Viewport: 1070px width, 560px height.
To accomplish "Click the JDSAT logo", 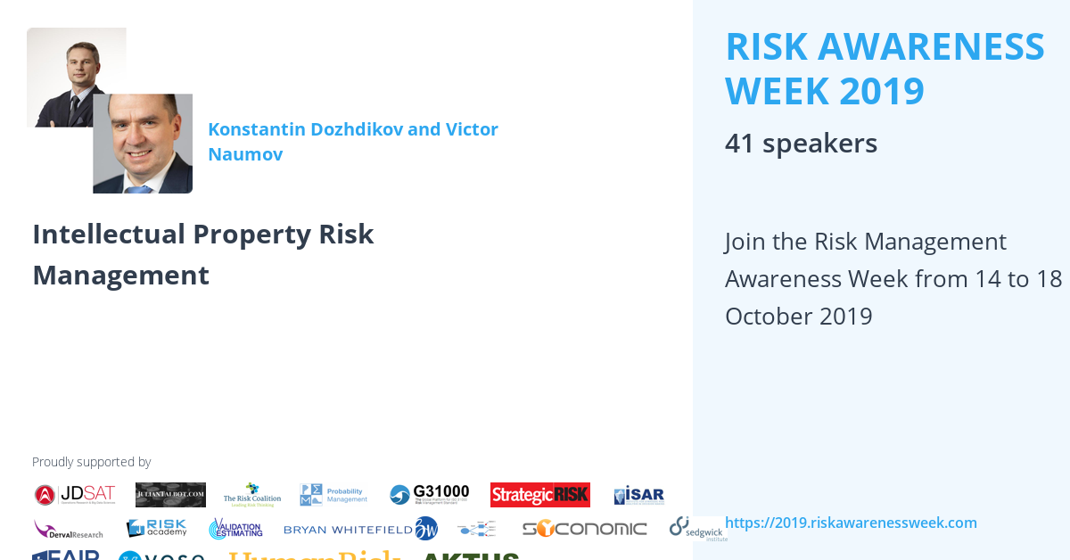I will click(x=75, y=495).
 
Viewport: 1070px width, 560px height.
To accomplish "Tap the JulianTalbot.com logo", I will click(x=170, y=495).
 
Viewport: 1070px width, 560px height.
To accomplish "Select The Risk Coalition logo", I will click(x=252, y=495).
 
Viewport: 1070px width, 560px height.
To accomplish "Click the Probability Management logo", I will click(x=333, y=495).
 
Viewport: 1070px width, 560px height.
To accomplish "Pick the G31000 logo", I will click(x=430, y=495).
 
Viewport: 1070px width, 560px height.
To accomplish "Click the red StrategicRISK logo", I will click(x=539, y=495).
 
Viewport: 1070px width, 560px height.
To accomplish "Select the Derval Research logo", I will click(x=69, y=529).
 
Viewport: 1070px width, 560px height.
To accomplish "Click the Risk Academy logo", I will click(x=156, y=528).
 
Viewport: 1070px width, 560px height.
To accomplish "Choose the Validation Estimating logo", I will click(x=235, y=529).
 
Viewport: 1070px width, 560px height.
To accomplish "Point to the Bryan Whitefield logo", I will click(x=360, y=529).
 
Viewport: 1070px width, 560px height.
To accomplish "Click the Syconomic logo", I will click(x=584, y=529).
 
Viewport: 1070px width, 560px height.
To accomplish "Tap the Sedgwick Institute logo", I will click(x=698, y=529).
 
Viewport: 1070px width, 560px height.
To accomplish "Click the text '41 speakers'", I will click(x=801, y=144).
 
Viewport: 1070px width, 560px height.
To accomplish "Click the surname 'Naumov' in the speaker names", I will click(x=245, y=154).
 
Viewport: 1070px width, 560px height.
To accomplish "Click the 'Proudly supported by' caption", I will click(x=91, y=462).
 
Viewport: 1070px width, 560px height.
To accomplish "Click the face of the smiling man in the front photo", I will click(x=141, y=143).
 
